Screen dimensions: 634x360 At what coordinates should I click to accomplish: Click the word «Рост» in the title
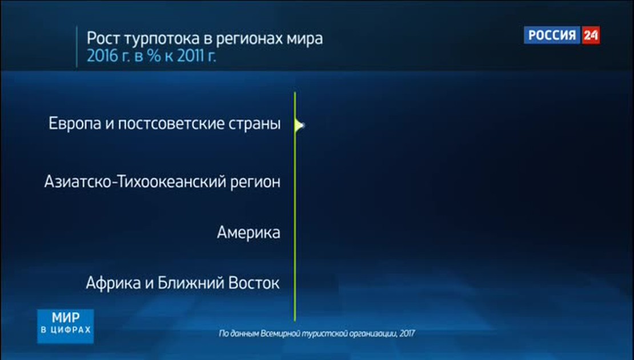click(103, 39)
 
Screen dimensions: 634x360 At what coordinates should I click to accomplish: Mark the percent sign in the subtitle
click(154, 56)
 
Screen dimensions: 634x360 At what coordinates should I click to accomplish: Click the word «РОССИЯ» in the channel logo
click(552, 35)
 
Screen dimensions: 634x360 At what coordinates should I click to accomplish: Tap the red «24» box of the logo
click(591, 35)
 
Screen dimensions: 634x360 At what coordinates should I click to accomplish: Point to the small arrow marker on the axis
click(299, 125)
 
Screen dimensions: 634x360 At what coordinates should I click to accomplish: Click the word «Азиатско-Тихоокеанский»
click(135, 182)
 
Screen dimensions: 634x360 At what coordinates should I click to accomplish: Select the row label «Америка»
click(248, 233)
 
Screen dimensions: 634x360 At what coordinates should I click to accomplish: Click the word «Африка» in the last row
click(113, 283)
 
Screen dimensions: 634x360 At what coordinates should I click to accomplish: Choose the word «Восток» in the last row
click(254, 283)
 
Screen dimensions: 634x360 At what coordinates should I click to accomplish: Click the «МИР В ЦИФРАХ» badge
click(66, 326)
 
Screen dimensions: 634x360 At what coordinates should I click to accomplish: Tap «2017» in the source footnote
click(408, 334)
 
